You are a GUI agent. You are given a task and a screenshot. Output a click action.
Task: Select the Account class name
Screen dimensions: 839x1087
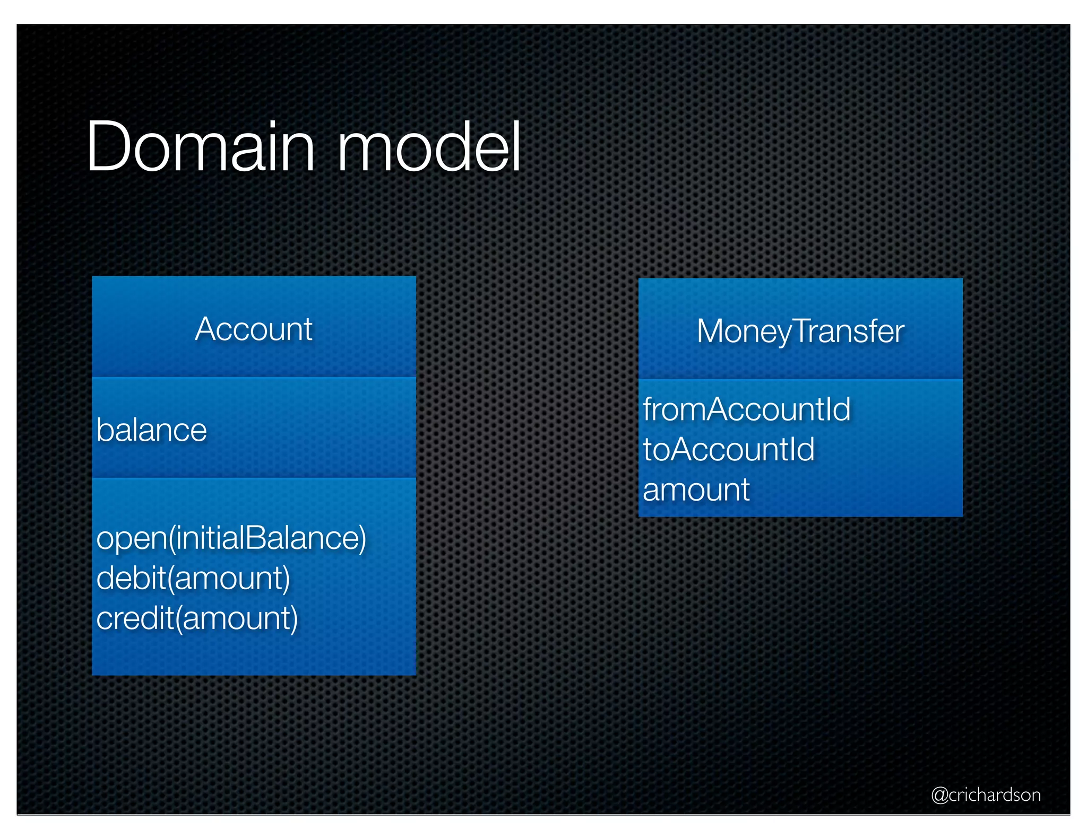(254, 329)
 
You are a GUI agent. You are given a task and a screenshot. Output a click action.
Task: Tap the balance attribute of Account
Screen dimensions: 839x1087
(151, 430)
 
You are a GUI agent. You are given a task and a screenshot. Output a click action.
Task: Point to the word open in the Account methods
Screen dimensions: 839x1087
(131, 539)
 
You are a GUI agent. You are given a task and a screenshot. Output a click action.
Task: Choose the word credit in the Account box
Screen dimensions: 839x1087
(135, 618)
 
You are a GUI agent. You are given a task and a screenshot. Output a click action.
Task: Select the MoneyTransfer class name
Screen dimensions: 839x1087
(800, 331)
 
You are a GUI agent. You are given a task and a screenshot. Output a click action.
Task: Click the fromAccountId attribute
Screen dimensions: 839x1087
(746, 409)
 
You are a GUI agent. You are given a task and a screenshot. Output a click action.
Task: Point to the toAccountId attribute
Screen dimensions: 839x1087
(728, 450)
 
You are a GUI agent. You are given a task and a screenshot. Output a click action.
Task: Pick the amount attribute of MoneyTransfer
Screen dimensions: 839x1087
(696, 490)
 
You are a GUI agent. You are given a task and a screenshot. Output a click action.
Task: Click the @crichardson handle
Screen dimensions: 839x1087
(986, 794)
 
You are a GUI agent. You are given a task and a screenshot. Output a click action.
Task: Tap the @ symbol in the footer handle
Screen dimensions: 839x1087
(939, 795)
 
